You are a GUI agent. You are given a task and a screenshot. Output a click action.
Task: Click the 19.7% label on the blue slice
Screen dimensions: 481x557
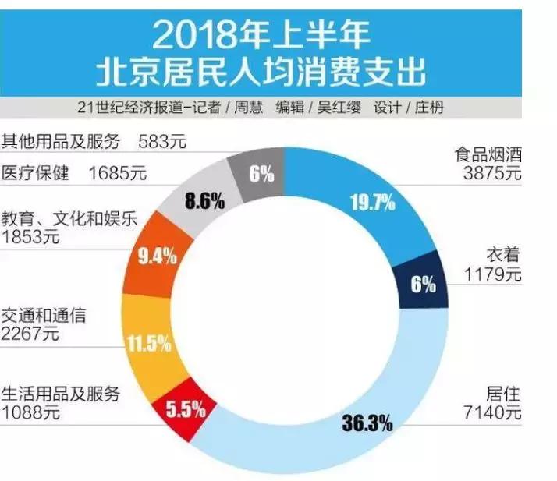(x=373, y=203)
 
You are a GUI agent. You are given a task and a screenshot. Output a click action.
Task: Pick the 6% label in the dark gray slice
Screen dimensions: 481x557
(x=261, y=174)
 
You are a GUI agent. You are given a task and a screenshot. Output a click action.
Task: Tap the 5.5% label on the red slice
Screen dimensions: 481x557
(x=186, y=408)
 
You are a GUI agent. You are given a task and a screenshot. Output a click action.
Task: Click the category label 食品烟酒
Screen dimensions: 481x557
(x=488, y=154)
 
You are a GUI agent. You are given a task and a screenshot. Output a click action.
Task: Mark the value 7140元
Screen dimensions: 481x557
(x=494, y=412)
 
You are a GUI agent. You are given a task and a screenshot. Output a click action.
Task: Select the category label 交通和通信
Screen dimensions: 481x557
(x=44, y=316)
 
